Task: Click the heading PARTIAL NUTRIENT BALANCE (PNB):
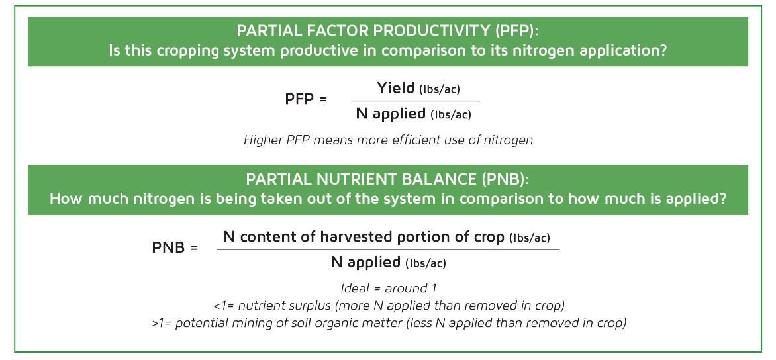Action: point(387,180)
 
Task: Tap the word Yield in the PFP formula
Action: point(396,88)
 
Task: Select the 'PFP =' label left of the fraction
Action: point(306,99)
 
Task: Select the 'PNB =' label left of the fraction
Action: point(175,249)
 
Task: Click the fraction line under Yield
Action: point(415,101)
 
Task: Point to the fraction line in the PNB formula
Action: point(388,249)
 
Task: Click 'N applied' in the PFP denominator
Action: point(391,113)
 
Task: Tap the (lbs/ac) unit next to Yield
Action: point(440,89)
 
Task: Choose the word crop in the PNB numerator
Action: point(491,237)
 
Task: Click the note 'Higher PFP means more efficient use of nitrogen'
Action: point(388,140)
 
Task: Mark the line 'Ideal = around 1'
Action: point(388,289)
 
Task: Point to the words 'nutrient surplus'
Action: point(278,306)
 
